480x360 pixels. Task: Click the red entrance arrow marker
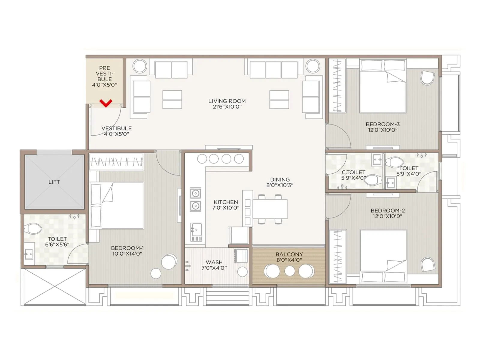[x=106, y=103]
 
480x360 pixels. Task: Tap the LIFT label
[x=54, y=182]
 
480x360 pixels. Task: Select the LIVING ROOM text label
[x=227, y=101]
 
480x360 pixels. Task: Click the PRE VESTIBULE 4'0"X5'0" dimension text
[x=104, y=85]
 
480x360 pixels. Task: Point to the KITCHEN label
[x=226, y=202]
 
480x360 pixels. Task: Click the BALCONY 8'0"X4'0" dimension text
[x=289, y=260]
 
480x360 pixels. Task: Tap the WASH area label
[x=214, y=262]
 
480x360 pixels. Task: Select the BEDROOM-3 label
[x=382, y=124]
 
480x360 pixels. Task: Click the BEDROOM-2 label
[x=388, y=211]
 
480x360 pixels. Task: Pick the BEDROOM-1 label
[x=127, y=248]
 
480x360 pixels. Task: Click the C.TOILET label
[x=353, y=172]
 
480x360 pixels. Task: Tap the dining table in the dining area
[x=270, y=209]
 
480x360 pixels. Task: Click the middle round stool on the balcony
[x=289, y=271]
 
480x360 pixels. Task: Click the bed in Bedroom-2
[x=383, y=256]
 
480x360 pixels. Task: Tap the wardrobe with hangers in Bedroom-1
[x=116, y=162]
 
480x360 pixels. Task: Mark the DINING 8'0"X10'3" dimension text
[x=280, y=185]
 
